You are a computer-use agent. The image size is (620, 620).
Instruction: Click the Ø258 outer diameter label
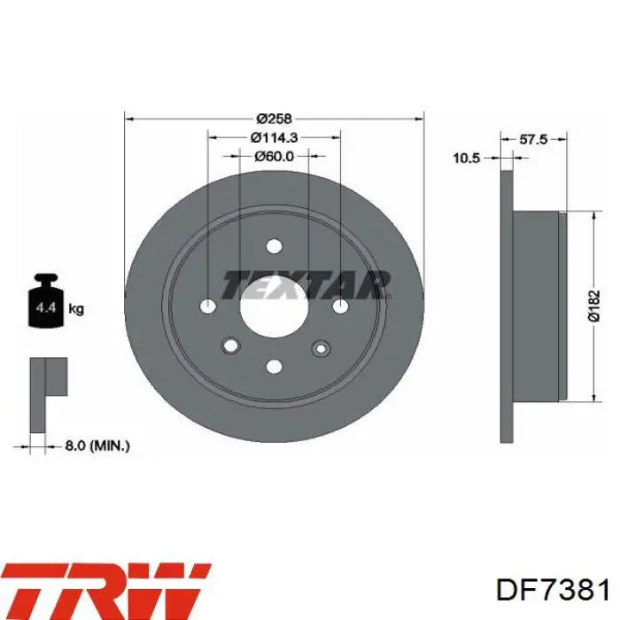(x=274, y=118)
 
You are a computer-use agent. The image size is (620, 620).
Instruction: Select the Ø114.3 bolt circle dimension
(x=274, y=136)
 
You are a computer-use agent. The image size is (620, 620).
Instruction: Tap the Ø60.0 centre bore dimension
(x=274, y=156)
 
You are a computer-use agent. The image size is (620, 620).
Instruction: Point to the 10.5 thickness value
(x=466, y=158)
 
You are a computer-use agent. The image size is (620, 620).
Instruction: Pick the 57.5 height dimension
(x=532, y=139)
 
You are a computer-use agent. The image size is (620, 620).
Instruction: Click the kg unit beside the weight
(x=76, y=309)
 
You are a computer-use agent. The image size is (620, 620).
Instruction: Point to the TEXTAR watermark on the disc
(x=306, y=285)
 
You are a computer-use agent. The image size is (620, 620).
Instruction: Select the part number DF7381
(x=552, y=590)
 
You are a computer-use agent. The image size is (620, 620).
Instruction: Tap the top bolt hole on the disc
(x=274, y=245)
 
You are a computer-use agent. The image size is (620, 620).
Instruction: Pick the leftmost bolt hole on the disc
(x=207, y=306)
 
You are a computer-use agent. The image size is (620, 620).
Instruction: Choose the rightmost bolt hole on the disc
(x=341, y=306)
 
